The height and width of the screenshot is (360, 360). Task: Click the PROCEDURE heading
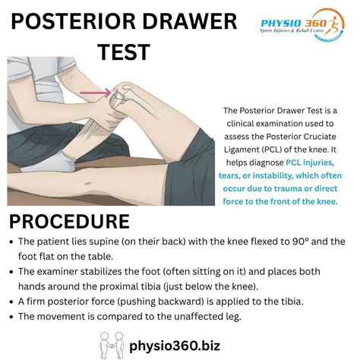point(69,223)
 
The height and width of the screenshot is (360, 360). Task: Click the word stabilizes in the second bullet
point(101,271)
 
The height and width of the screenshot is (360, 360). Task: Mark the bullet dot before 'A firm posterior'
point(13,302)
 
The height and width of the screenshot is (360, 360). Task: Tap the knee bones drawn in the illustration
point(122,94)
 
